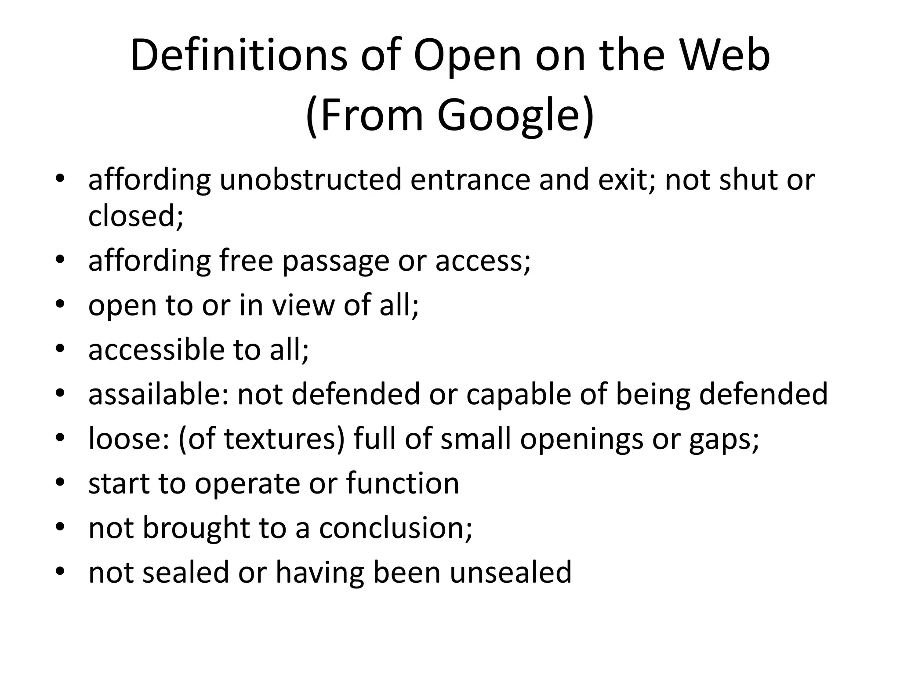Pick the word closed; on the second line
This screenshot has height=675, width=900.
[x=136, y=216]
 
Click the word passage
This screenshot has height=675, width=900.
[x=335, y=261]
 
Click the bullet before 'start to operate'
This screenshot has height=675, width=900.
[x=60, y=483]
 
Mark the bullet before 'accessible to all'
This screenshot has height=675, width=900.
[x=60, y=349]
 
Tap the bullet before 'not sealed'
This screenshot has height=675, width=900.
[x=60, y=571]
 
